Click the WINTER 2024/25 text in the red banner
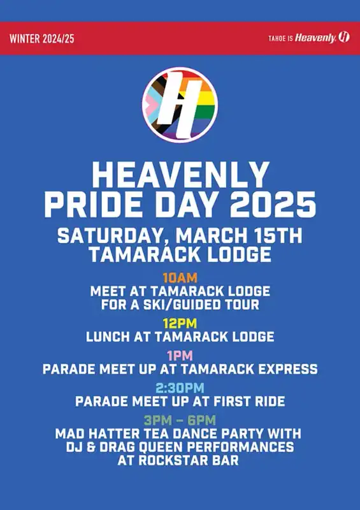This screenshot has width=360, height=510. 42,39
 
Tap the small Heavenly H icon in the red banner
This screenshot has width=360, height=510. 343,37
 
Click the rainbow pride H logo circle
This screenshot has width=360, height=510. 180,105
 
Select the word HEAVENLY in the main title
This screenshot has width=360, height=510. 180,175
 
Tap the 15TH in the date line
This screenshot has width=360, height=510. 275,236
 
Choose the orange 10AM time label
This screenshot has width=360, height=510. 180,278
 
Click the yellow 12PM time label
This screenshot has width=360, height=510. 180,324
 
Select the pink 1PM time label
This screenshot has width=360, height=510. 180,356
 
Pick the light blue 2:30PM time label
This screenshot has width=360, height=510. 180,388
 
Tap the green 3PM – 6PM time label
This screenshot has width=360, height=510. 180,420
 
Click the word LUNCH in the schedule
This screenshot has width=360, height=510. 108,337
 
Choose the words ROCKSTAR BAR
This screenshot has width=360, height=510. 189,460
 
